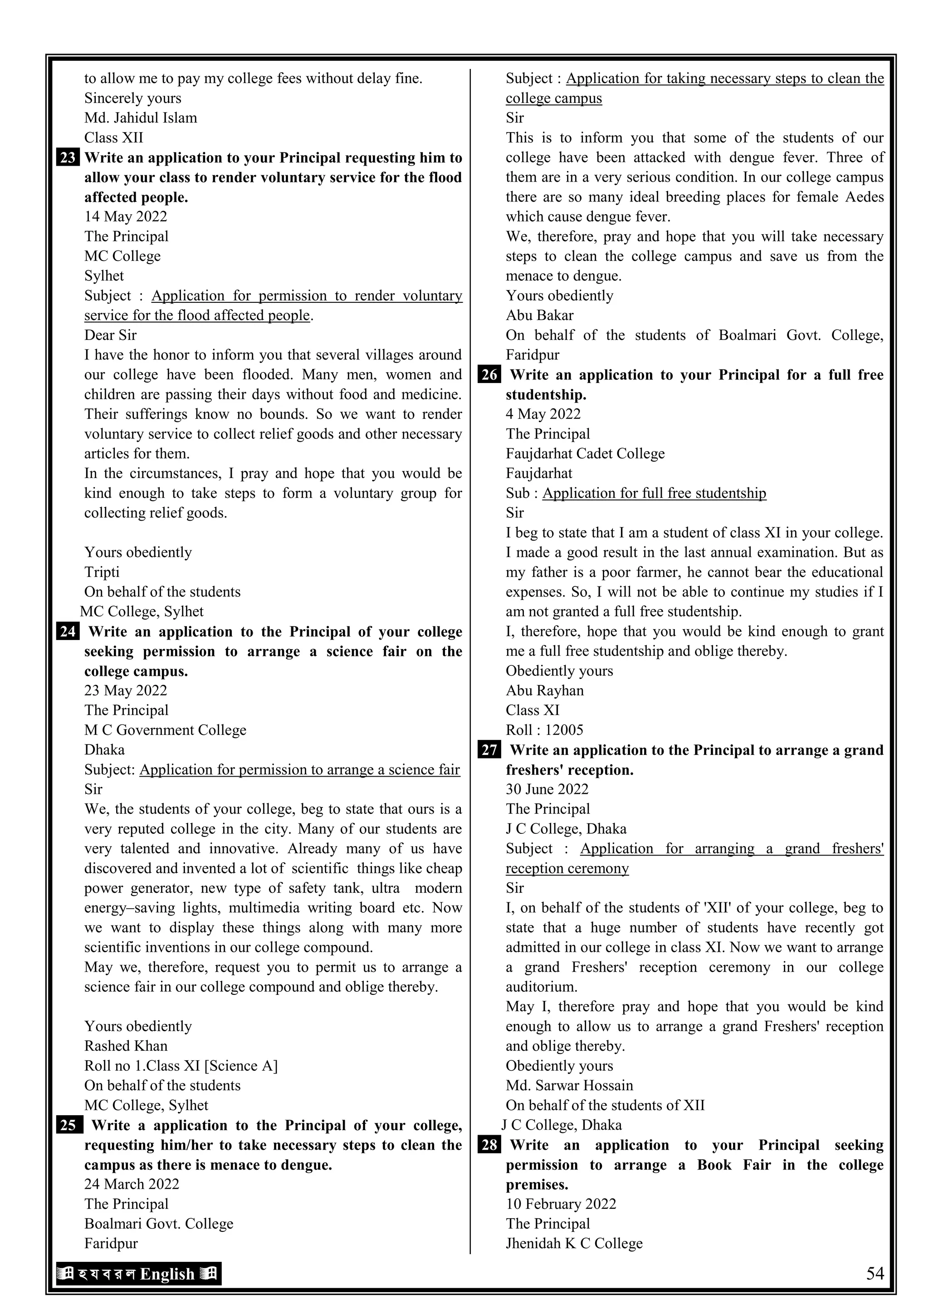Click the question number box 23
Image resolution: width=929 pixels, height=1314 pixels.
[x=68, y=158]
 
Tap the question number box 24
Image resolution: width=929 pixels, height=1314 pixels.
[x=68, y=632]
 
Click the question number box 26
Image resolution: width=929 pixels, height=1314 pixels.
[x=489, y=375]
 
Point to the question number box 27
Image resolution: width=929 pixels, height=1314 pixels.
[x=489, y=750]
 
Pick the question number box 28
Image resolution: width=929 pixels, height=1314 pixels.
[x=489, y=1145]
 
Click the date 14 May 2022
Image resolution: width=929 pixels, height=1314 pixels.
[x=126, y=217]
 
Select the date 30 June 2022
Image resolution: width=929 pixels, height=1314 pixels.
[x=547, y=790]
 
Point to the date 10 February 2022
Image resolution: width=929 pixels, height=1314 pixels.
[x=561, y=1204]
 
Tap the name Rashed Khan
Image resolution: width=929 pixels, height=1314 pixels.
[x=126, y=1046]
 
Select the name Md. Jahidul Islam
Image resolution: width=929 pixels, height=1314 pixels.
[x=141, y=118]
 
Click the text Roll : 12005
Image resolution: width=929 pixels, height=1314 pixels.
[x=544, y=730]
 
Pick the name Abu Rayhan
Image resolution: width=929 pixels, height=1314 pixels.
[x=545, y=691]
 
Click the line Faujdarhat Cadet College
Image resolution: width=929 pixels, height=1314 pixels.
[x=585, y=454]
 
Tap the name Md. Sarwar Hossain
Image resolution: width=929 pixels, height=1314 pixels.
[x=569, y=1086]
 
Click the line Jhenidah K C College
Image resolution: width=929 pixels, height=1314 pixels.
[x=574, y=1244]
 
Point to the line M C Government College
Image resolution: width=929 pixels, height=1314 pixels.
[x=165, y=730]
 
